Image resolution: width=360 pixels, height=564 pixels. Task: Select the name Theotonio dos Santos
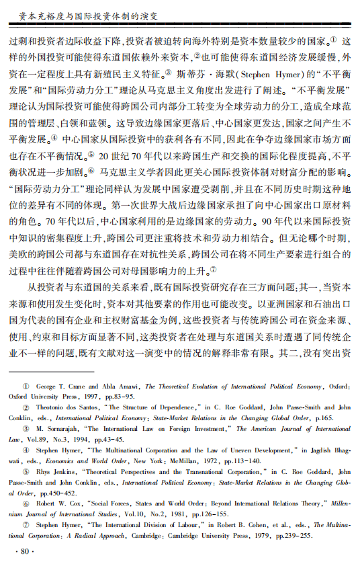[x=66, y=407]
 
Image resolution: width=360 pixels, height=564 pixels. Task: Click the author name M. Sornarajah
[x=59, y=428]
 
